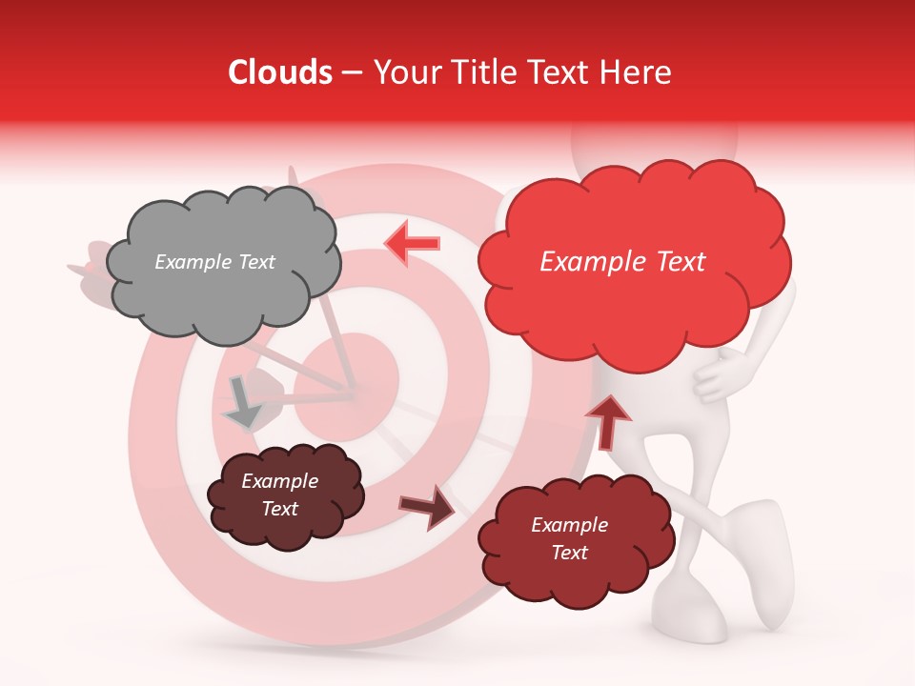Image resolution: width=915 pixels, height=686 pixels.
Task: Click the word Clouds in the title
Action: (279, 72)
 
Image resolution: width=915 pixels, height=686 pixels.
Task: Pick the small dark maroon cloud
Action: (285, 495)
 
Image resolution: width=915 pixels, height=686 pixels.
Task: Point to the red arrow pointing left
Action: (413, 244)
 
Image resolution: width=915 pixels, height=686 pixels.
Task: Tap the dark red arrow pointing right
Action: (427, 507)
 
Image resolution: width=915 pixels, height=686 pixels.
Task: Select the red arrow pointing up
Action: (607, 420)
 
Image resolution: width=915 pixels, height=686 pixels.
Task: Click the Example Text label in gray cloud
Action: (214, 262)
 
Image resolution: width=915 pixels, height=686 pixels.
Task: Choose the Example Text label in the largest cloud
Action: (622, 262)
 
